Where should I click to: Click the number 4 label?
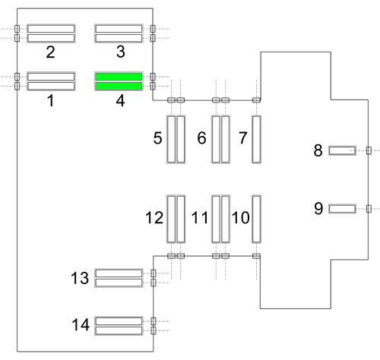121,100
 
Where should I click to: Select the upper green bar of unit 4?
119,77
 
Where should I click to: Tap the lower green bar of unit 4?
119,86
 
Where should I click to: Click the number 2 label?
51,52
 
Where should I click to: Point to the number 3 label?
121,52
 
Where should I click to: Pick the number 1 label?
51,100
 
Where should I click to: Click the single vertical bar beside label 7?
256,139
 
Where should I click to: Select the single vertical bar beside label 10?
256,219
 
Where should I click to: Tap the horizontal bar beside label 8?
342,150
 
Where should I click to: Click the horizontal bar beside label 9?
342,209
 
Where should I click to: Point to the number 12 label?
154,217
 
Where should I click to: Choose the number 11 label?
200,217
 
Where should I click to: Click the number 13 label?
80,278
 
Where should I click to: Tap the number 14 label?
81,324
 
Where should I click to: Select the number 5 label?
157,138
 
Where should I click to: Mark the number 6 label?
201,138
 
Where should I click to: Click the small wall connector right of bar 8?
369,150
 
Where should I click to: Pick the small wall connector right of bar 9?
369,209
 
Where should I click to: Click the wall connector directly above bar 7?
256,100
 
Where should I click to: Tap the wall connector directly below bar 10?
256,256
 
